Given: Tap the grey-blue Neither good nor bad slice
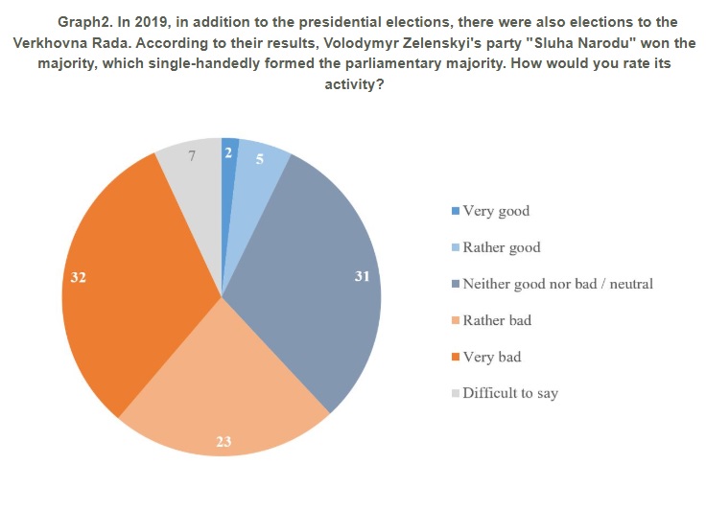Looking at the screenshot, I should point(317,288).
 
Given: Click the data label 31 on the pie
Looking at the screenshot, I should point(362,276).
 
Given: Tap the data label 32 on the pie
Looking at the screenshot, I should point(79,276).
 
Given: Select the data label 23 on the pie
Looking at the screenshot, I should point(223,442).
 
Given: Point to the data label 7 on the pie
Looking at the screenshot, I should point(192,153).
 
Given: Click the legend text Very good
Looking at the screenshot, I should point(496,211).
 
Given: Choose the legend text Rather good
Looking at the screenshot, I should point(501,247).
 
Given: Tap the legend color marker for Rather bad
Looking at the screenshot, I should point(455,320).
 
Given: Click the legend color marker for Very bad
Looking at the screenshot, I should point(455,357).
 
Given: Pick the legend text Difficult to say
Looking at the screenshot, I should point(509,393).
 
